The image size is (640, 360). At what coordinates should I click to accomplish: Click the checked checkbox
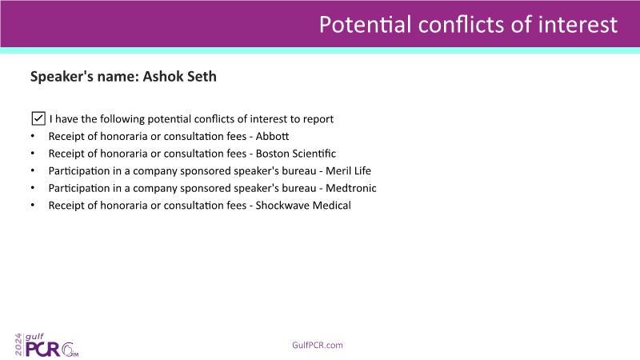point(38,118)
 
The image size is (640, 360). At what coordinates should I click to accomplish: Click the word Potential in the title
point(365,25)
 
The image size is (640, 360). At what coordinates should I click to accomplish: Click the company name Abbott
point(272,136)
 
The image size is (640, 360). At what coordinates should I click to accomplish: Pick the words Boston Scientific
point(296,154)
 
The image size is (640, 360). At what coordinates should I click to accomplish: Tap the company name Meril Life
point(348,170)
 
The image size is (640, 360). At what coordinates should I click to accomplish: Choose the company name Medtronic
point(351,188)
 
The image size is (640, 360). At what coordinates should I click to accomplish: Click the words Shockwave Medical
point(303,206)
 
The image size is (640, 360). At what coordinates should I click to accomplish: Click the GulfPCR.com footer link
point(318,345)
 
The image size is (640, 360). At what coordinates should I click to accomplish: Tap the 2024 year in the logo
point(18,345)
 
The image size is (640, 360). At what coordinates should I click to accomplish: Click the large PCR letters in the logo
point(43,349)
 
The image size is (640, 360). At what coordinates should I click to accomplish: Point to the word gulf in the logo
point(34,337)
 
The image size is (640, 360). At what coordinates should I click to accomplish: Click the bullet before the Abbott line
point(33,136)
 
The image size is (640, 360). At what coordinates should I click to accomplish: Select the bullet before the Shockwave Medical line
point(33,206)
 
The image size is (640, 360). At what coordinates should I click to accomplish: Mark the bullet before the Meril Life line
point(33,170)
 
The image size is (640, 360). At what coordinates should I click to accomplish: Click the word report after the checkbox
point(318,119)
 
